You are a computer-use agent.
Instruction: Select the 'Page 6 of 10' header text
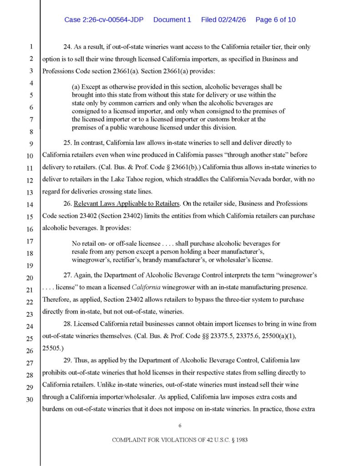[x=275, y=20]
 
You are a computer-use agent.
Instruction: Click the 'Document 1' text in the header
[x=172, y=20]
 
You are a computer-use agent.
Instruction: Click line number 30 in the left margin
[x=31, y=400]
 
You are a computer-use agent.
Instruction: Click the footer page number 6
[x=180, y=426]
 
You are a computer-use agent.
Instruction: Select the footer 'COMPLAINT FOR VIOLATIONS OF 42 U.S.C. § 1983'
[x=180, y=441]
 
